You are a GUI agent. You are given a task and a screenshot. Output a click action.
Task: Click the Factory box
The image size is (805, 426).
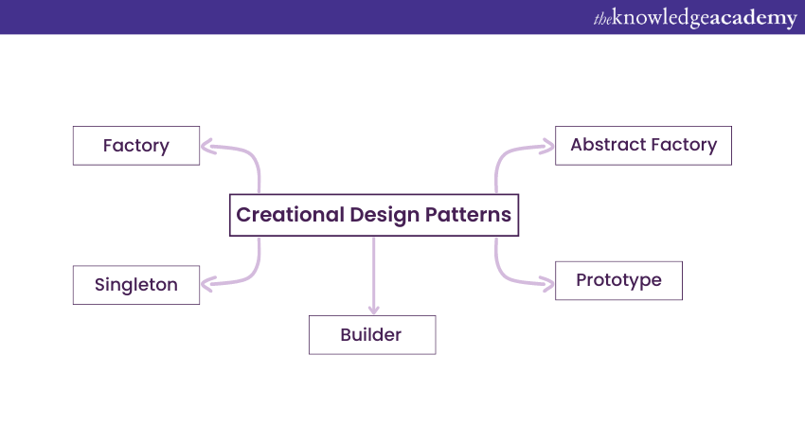136,146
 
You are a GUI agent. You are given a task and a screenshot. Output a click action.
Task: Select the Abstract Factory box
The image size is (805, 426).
643,146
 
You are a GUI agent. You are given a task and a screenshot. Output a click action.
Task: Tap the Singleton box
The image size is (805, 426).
136,285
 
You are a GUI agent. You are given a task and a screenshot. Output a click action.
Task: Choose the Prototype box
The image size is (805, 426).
618,281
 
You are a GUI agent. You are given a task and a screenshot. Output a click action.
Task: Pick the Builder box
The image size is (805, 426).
372,334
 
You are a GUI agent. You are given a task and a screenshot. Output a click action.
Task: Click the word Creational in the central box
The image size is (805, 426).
290,215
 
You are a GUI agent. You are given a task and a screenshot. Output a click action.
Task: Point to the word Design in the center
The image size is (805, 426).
385,216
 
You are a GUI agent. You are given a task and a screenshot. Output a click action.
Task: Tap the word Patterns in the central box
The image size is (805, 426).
468,215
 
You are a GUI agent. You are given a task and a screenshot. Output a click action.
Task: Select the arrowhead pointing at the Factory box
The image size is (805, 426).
206,147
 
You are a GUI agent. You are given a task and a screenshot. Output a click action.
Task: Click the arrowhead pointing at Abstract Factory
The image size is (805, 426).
547,147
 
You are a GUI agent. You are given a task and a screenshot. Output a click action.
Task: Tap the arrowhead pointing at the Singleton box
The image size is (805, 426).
206,284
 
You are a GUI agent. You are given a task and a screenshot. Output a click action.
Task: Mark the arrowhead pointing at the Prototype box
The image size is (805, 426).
547,283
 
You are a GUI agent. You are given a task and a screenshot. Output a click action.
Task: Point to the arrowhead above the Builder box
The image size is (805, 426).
374,310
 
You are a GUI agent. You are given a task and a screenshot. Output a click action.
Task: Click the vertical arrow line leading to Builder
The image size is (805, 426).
374,275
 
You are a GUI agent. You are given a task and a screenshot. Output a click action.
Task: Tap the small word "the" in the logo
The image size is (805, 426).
602,19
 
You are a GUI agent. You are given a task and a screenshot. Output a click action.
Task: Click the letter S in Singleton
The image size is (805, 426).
99,284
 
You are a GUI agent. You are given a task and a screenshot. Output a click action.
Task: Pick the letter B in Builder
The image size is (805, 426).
347,334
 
